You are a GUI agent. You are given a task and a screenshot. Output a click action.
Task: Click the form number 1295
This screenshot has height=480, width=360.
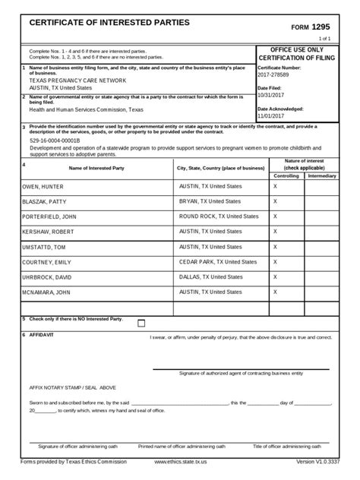pyautogui.click(x=319, y=25)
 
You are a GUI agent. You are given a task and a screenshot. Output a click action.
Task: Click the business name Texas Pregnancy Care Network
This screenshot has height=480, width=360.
pyautogui.click(x=74, y=81)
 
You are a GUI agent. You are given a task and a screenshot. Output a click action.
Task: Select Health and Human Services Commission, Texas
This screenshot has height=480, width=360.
pyautogui.click(x=86, y=109)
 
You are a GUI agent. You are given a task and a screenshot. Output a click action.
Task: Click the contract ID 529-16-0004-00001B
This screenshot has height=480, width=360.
pyautogui.click(x=55, y=141)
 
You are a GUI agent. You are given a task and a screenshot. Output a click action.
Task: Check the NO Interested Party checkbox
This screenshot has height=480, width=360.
pyautogui.click(x=141, y=323)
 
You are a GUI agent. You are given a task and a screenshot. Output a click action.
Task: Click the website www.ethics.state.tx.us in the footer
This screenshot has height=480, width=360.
pyautogui.click(x=180, y=461)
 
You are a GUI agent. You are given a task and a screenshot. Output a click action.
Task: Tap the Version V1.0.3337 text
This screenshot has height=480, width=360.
pyautogui.click(x=314, y=461)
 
